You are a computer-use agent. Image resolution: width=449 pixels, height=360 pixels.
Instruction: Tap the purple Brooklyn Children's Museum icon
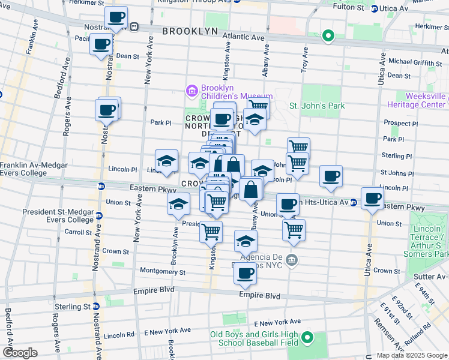pos(192,91)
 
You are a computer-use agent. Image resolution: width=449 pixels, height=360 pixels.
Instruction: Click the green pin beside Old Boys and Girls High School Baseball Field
pos(307,338)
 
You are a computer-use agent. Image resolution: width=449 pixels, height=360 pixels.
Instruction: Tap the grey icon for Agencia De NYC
pos(291,260)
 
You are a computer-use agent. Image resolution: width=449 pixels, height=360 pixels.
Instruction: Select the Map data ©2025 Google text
pos(412,355)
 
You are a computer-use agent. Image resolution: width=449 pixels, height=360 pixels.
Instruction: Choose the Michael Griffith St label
pos(414,61)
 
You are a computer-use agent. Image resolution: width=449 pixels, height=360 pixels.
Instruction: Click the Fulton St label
pos(349,8)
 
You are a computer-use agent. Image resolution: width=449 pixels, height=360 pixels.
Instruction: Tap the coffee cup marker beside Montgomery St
pos(244,274)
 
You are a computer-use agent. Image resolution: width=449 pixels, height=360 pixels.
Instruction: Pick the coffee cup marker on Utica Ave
pos(372,197)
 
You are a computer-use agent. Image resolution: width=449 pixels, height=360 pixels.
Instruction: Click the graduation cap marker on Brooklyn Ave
pos(178,205)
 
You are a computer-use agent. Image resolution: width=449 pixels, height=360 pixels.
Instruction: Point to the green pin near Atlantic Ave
pos(328,36)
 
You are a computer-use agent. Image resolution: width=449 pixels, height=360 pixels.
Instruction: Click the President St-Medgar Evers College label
pos(58,215)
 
